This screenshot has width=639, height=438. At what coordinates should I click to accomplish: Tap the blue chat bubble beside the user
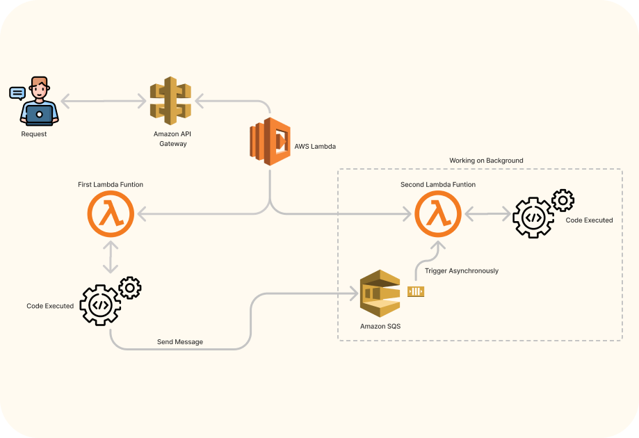coord(17,92)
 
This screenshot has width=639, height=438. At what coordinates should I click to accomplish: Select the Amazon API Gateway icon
coord(170,101)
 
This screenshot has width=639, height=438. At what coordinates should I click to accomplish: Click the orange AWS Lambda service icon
coord(270,141)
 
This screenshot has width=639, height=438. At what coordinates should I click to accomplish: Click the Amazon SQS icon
coord(380,294)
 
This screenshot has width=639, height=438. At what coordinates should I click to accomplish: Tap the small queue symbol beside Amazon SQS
coord(416,292)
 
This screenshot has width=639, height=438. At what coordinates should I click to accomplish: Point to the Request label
coord(34,134)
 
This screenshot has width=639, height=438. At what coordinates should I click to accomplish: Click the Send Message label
coord(180,342)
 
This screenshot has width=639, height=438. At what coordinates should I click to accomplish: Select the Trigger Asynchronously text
coord(462,271)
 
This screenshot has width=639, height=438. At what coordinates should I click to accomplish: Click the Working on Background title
coord(486,161)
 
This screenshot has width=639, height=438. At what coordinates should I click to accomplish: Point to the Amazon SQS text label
coord(380,326)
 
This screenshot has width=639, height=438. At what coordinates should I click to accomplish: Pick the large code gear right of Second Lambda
coord(533,218)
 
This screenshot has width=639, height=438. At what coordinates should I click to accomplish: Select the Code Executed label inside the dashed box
coord(590,220)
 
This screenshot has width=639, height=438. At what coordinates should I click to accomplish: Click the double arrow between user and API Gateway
coord(104,102)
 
